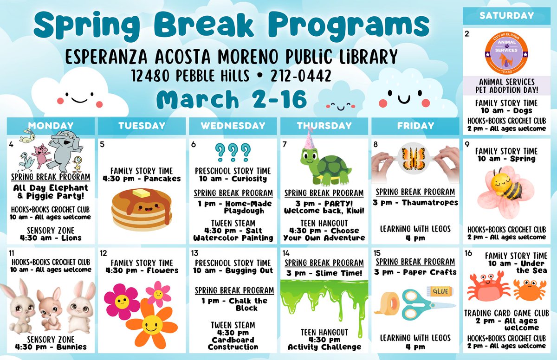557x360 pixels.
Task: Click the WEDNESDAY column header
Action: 233,126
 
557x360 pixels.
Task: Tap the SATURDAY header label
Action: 506,16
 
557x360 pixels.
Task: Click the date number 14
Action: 286,253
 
